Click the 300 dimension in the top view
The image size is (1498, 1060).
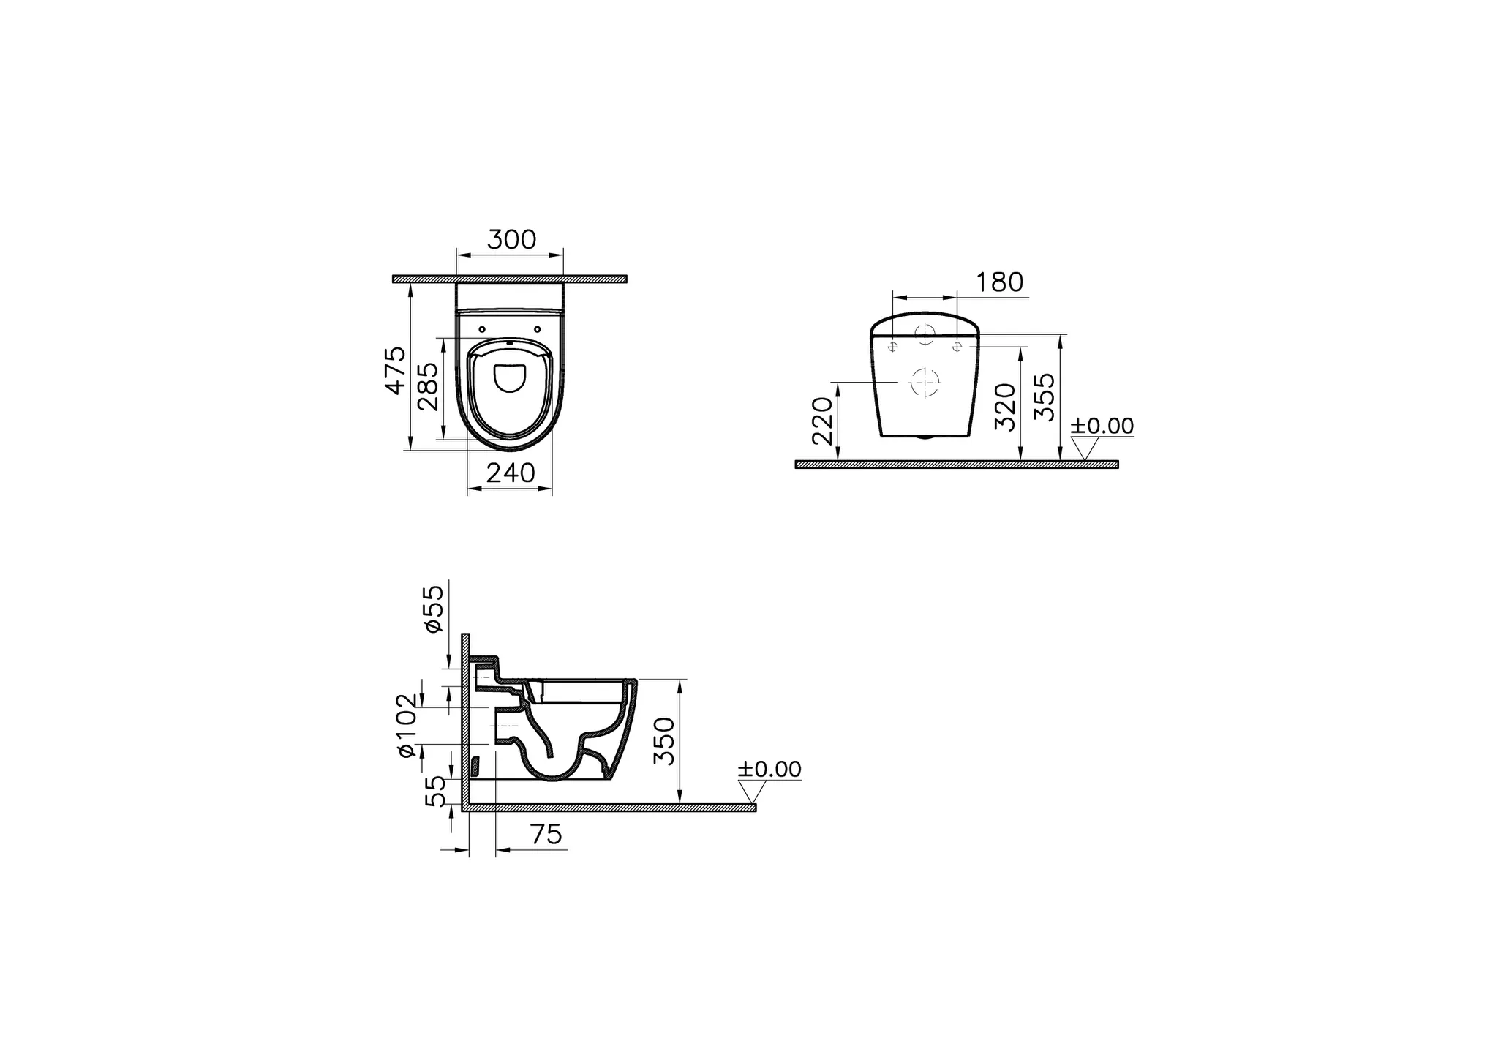pos(511,240)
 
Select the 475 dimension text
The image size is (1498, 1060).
pos(396,371)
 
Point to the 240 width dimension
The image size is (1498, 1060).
pos(511,473)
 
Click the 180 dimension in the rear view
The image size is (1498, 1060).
pos(1000,282)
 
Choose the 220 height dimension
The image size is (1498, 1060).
pos(823,421)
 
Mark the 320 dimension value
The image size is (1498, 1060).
pos(1006,406)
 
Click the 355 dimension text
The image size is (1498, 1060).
pos(1045,396)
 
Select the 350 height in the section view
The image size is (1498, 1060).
pos(664,741)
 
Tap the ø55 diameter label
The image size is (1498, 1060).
pos(433,608)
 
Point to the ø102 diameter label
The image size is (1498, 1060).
pos(407,724)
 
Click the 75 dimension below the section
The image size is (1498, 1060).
pos(546,834)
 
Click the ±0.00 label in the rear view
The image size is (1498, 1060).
pos(1102,426)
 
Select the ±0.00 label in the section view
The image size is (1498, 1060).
pos(769,769)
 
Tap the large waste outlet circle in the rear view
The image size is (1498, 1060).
pos(925,382)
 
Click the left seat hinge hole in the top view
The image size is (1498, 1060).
pos(481,329)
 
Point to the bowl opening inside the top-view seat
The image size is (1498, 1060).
pos(511,377)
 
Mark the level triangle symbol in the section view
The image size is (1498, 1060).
pos(751,792)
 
